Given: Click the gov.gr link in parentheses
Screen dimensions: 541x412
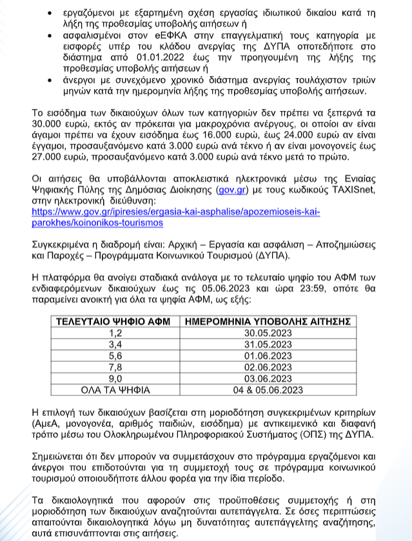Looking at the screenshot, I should (x=231, y=191).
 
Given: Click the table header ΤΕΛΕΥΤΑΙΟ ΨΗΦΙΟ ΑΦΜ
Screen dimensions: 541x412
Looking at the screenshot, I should (x=115, y=321).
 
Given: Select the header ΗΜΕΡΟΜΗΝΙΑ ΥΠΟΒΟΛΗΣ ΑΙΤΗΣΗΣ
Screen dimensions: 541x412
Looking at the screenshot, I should (x=267, y=321).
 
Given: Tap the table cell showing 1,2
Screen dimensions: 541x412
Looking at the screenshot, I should (x=115, y=333).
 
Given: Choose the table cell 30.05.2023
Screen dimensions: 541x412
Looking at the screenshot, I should (x=267, y=333).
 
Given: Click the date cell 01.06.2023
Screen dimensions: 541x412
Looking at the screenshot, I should (x=267, y=355).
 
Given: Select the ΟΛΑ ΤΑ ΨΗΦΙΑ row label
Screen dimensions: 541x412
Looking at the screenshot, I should (x=115, y=389).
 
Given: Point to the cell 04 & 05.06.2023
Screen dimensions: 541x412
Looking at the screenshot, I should (x=267, y=389).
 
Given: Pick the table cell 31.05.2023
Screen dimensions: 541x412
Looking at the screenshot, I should (x=267, y=344).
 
